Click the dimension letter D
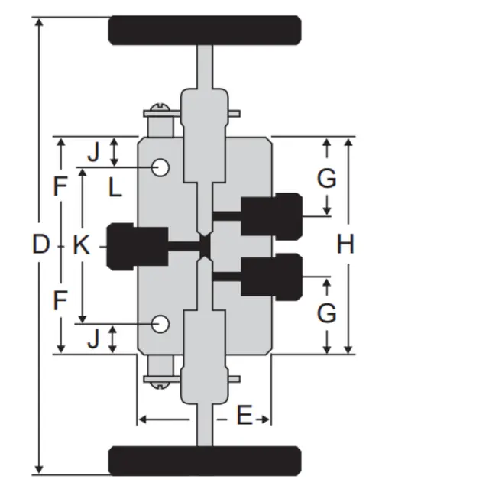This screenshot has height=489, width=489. click(x=41, y=244)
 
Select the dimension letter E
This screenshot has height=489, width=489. click(x=244, y=415)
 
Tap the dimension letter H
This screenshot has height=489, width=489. click(x=345, y=244)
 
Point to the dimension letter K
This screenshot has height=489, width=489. click(x=82, y=244)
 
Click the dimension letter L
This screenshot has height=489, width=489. click(x=115, y=188)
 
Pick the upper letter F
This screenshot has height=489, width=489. click(x=60, y=186)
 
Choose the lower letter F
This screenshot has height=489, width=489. click(x=60, y=300)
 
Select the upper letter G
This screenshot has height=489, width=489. click(x=327, y=178)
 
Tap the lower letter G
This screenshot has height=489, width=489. click(x=327, y=313)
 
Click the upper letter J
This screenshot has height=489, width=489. click(x=93, y=152)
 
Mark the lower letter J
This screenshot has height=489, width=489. click(x=93, y=338)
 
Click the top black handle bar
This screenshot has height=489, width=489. click(x=205, y=31)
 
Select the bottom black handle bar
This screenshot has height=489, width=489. click(x=205, y=461)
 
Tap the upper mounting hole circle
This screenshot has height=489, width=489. click(x=160, y=168)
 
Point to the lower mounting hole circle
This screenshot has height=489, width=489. click(x=160, y=324)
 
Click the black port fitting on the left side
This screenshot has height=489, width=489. click(x=138, y=246)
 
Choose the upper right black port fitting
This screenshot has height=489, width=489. click(x=272, y=216)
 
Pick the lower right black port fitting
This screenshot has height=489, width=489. click(x=272, y=277)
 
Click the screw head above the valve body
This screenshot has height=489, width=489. click(x=160, y=107)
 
